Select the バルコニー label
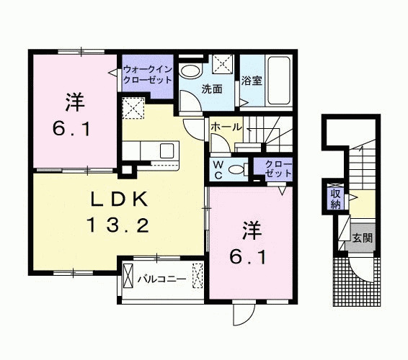(162, 277)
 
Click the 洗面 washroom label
(211, 90)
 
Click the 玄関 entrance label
(362, 236)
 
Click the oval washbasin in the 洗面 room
(191, 71)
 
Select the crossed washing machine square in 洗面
(223, 65)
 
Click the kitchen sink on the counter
(166, 150)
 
